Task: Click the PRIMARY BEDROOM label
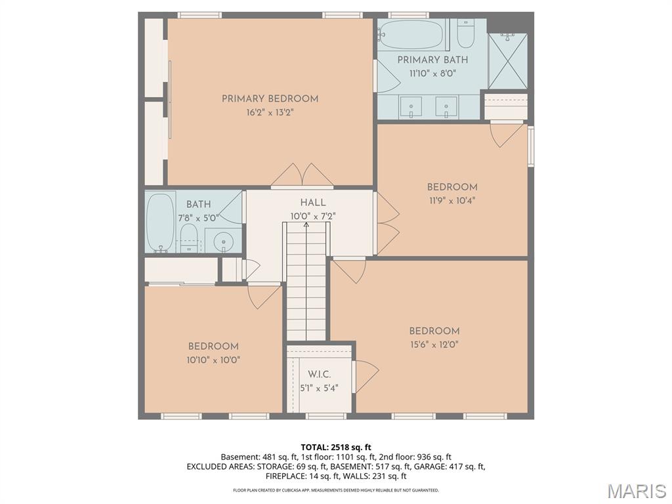[x=270, y=99]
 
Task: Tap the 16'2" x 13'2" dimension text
[x=270, y=112]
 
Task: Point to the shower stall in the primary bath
[x=507, y=60]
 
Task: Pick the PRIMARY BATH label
[x=432, y=60]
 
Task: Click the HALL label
[x=313, y=203]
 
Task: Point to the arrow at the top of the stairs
[x=306, y=226]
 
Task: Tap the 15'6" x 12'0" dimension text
[x=434, y=345]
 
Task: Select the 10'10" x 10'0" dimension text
[x=213, y=360]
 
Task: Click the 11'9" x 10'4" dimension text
[x=451, y=200]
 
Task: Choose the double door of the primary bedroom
[x=302, y=176]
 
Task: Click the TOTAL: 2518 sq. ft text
[x=335, y=448]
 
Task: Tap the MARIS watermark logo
[x=636, y=490]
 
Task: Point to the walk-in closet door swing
[x=365, y=375]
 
